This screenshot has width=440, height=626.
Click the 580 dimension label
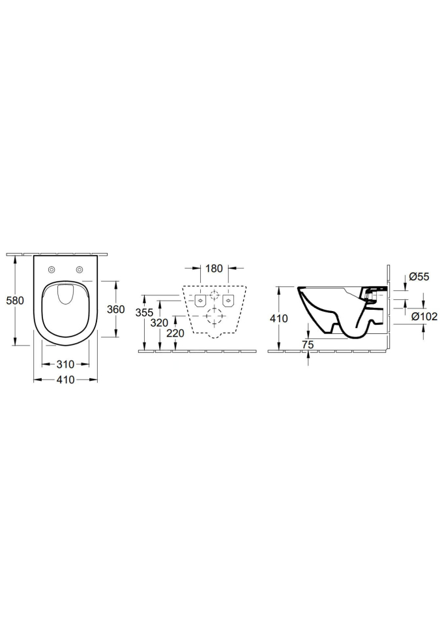click(16, 300)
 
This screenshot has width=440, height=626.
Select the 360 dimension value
click(116, 309)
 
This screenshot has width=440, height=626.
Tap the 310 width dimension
click(65, 364)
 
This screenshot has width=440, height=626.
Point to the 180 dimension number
click(214, 269)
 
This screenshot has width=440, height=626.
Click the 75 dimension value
click(308, 345)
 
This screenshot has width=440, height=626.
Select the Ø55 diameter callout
click(419, 276)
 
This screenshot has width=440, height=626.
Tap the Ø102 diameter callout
click(424, 317)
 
